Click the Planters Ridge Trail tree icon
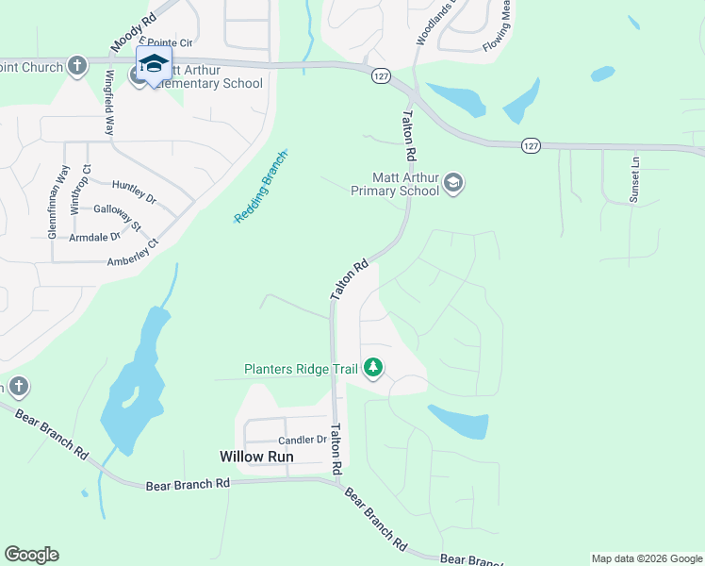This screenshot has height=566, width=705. point(373,367)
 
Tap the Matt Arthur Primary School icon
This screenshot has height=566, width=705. point(453,182)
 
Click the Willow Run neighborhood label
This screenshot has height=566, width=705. point(256,457)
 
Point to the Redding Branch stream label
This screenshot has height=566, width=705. point(260,188)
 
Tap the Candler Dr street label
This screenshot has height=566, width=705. point(302,441)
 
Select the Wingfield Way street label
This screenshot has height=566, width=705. point(109,103)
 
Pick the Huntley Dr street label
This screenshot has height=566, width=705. point(133,192)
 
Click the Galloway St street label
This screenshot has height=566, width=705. point(118,219)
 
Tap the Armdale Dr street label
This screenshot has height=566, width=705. point(95,238)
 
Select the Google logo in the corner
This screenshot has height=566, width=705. point(31,555)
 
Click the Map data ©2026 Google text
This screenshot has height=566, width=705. point(647,558)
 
